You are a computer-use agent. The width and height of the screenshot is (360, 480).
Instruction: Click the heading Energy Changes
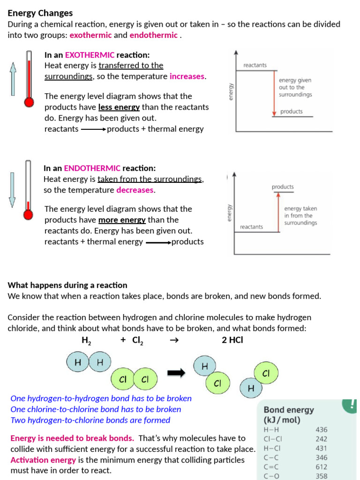pyautogui.click(x=40, y=13)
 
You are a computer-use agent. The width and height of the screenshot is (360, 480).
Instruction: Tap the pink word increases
pyautogui.click(x=187, y=76)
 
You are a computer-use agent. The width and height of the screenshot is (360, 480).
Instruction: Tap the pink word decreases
pyautogui.click(x=135, y=190)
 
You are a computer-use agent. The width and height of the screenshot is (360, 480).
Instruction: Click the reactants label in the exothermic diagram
pyautogui.click(x=255, y=65)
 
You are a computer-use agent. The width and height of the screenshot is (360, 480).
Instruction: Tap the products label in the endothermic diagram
pyautogui.click(x=283, y=187)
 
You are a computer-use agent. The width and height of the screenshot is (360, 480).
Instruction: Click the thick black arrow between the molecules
pyautogui.click(x=177, y=373)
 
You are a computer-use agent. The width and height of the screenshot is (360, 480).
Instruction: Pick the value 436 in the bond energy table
pyautogui.click(x=322, y=429)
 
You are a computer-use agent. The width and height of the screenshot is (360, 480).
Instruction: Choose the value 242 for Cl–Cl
pyautogui.click(x=322, y=439)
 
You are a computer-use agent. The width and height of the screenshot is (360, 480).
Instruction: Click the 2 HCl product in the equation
pyautogui.click(x=232, y=340)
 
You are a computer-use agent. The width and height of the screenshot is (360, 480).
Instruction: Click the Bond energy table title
pyautogui.click(x=288, y=415)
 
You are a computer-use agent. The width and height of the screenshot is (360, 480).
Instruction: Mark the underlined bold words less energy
pyautogui.click(x=119, y=107)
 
